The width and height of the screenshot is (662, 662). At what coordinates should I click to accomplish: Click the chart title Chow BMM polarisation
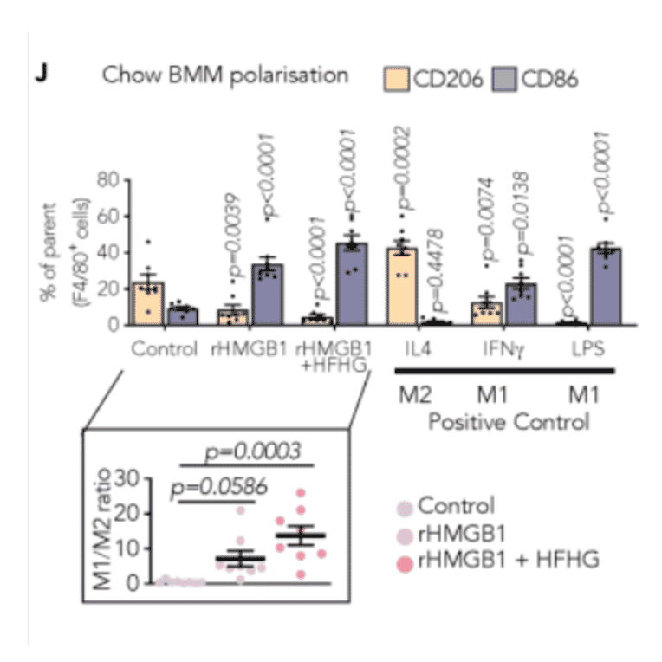[x=225, y=75]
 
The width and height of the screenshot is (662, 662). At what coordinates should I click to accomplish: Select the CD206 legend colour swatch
[x=398, y=79]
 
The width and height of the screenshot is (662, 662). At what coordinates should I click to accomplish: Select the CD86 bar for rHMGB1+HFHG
[x=352, y=284]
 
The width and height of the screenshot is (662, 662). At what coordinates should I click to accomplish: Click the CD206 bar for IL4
[x=400, y=286]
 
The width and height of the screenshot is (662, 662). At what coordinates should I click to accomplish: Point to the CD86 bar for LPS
[x=605, y=286]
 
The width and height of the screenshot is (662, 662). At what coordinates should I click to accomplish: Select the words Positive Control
[x=509, y=423]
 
